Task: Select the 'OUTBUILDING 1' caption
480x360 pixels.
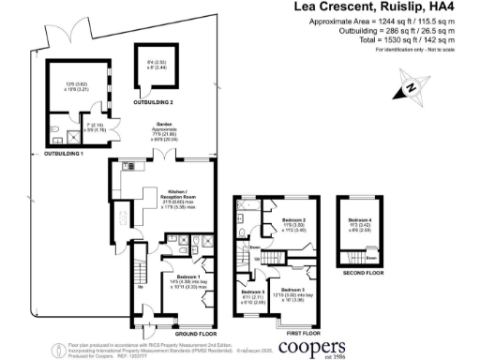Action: [x=59, y=152]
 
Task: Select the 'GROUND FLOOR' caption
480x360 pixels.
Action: [x=190, y=334]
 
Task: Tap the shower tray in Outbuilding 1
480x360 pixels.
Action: [x=60, y=130]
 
